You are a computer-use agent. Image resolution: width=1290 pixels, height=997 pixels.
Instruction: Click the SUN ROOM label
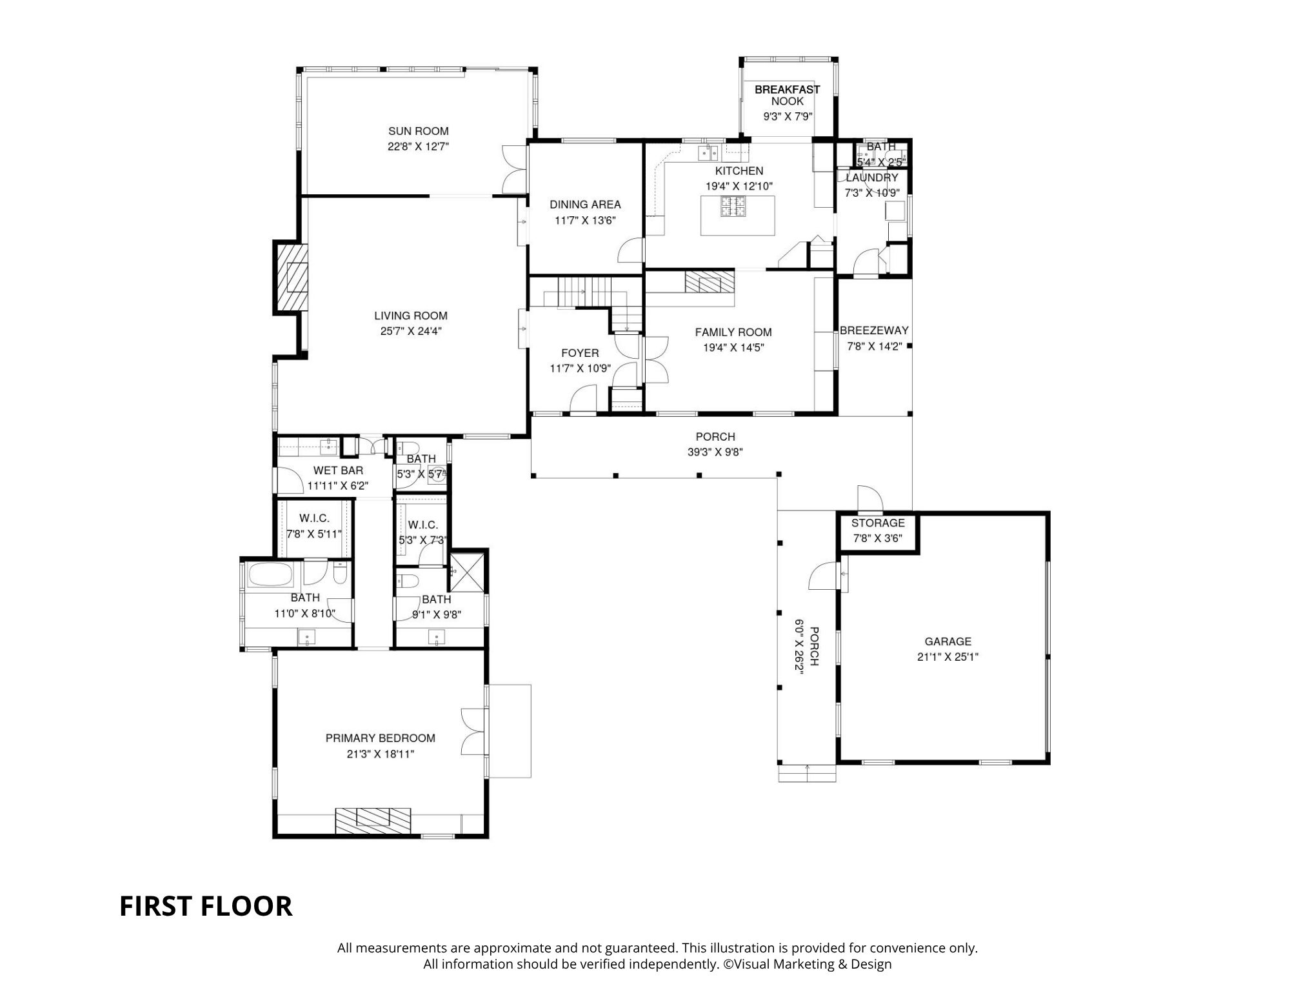(418, 131)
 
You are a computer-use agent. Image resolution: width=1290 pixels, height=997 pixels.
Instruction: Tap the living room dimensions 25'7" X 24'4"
(411, 332)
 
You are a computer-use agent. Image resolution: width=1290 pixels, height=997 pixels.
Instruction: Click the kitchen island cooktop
(733, 206)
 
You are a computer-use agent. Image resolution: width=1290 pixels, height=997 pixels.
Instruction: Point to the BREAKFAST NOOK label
(788, 96)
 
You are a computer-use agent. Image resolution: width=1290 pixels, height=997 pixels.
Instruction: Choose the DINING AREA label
(585, 205)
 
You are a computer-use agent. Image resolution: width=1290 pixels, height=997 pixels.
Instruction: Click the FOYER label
(580, 353)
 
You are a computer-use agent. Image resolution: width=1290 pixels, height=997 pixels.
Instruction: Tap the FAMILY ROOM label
(733, 332)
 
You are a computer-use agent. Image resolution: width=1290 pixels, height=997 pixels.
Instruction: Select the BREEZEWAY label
(874, 330)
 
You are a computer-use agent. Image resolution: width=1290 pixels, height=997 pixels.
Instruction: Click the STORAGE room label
(878, 523)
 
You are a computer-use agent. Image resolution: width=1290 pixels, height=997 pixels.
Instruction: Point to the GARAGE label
(948, 641)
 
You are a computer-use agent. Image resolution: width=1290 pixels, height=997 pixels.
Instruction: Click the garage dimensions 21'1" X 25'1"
(948, 658)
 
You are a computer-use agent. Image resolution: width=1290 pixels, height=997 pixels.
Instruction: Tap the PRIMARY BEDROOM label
(380, 738)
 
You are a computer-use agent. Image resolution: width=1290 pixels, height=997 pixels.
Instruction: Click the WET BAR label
(338, 470)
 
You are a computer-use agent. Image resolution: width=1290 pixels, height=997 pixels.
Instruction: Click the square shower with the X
(467, 572)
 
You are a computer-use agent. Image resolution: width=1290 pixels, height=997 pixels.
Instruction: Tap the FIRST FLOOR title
(206, 906)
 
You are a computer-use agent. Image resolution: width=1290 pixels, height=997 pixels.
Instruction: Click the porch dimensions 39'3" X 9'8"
(715, 452)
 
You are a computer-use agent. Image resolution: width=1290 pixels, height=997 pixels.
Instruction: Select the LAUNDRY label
(871, 177)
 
